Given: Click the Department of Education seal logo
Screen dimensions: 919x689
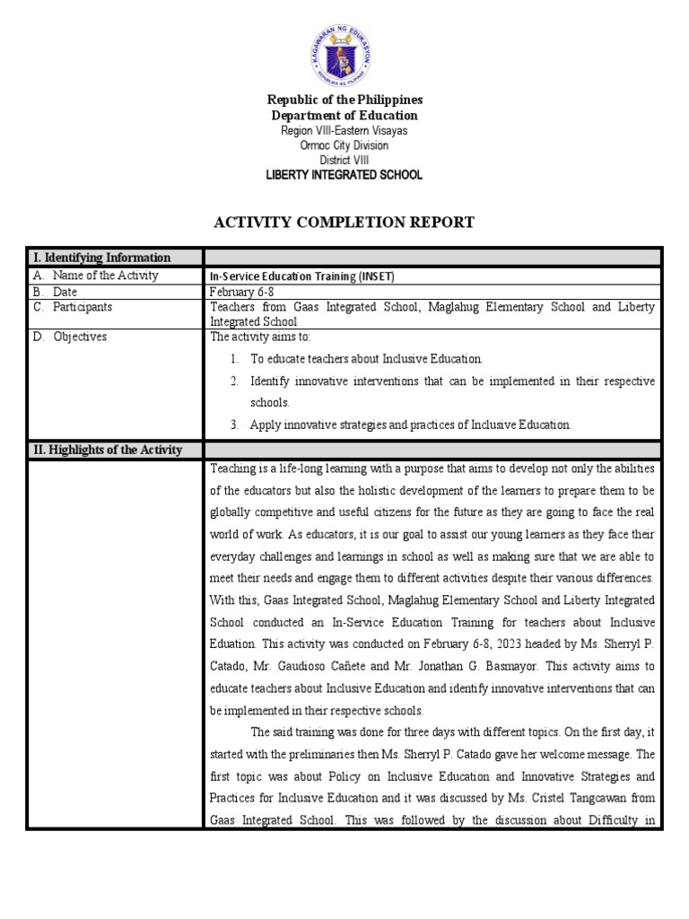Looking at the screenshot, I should coord(344,49).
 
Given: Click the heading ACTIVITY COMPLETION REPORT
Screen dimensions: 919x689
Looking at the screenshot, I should coord(344,223).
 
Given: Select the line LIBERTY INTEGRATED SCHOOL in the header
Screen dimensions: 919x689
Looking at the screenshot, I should coord(344,175).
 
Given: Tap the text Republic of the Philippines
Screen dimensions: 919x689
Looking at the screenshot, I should coord(344,100).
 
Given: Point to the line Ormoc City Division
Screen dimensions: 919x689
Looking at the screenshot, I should coord(344,145).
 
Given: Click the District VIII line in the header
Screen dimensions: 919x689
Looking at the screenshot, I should coord(344,160).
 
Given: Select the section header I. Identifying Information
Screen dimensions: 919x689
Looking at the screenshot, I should coord(101,258).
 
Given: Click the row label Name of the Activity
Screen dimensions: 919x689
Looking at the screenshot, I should coord(105,276).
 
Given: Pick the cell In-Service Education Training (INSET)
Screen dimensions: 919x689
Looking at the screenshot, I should coord(301,277).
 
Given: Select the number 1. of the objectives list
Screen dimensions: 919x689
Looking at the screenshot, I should coord(233,358).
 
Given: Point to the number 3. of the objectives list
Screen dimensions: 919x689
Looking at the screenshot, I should coord(233,424).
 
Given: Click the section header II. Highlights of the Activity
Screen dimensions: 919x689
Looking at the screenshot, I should coord(108,450).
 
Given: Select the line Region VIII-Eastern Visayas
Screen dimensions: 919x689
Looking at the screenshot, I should coord(344,131).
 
